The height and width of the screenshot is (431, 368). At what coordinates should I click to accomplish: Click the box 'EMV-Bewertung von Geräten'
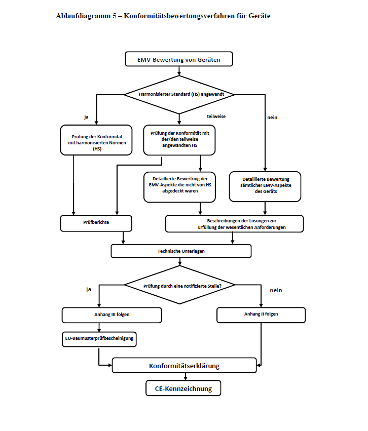(179, 59)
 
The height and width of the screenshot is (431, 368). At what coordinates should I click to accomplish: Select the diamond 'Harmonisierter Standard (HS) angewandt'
(179, 94)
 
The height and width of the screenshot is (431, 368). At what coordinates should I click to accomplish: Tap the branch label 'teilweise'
(216, 116)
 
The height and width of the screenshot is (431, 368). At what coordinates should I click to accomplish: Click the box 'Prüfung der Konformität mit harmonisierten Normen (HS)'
(96, 140)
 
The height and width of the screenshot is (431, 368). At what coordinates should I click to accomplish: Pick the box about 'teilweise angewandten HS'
(179, 139)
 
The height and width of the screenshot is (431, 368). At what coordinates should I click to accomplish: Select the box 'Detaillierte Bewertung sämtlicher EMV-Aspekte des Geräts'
(265, 186)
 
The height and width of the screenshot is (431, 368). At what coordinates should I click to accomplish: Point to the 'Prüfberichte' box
(96, 223)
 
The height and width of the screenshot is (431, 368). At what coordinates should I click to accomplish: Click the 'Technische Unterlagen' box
(181, 251)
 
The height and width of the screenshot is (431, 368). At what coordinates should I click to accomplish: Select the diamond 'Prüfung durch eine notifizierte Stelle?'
(179, 286)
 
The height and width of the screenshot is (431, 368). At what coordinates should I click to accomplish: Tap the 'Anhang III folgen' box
(112, 315)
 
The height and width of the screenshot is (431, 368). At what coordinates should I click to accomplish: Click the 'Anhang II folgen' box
(261, 315)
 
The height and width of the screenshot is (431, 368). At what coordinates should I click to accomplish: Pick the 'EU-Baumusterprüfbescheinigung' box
(100, 338)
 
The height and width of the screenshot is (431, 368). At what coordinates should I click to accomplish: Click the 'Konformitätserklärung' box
(185, 365)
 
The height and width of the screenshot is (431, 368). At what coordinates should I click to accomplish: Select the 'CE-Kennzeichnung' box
(183, 388)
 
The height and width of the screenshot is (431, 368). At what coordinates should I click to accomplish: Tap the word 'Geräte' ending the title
(258, 16)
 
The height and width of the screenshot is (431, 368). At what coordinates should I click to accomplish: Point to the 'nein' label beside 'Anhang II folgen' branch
(276, 290)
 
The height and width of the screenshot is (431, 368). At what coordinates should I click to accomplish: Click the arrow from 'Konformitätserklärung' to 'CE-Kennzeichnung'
(184, 377)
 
